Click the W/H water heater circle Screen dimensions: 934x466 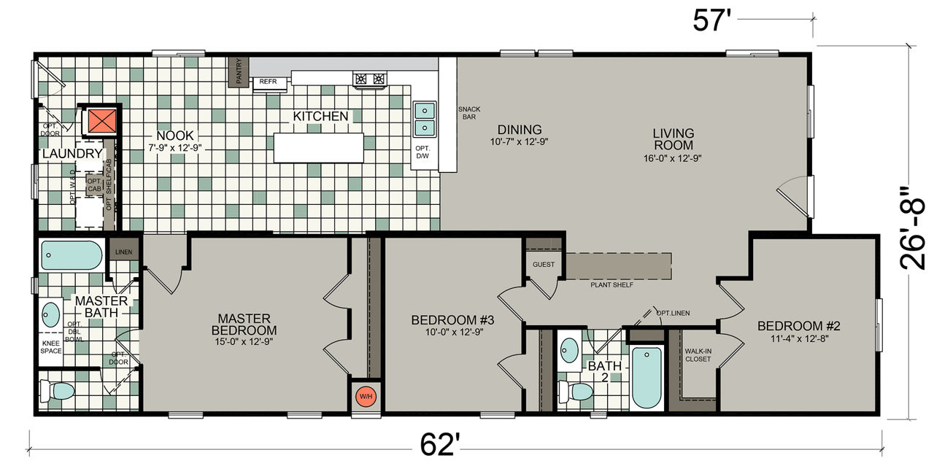[366, 397]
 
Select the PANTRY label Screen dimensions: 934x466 [239, 71]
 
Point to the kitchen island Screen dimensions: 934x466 [319, 147]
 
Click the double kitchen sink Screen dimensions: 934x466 [425, 120]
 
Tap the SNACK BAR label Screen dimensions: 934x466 [469, 113]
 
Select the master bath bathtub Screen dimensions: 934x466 [72, 255]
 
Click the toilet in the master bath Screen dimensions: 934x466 [57, 391]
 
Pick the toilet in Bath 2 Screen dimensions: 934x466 [576, 392]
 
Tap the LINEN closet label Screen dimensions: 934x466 [124, 252]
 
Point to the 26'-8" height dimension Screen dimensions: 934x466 [912, 228]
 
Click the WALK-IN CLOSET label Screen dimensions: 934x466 [698, 355]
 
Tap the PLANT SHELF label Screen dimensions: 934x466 [611, 285]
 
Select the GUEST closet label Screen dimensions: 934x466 [544, 264]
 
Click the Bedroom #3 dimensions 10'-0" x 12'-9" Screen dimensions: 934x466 [454, 333]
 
